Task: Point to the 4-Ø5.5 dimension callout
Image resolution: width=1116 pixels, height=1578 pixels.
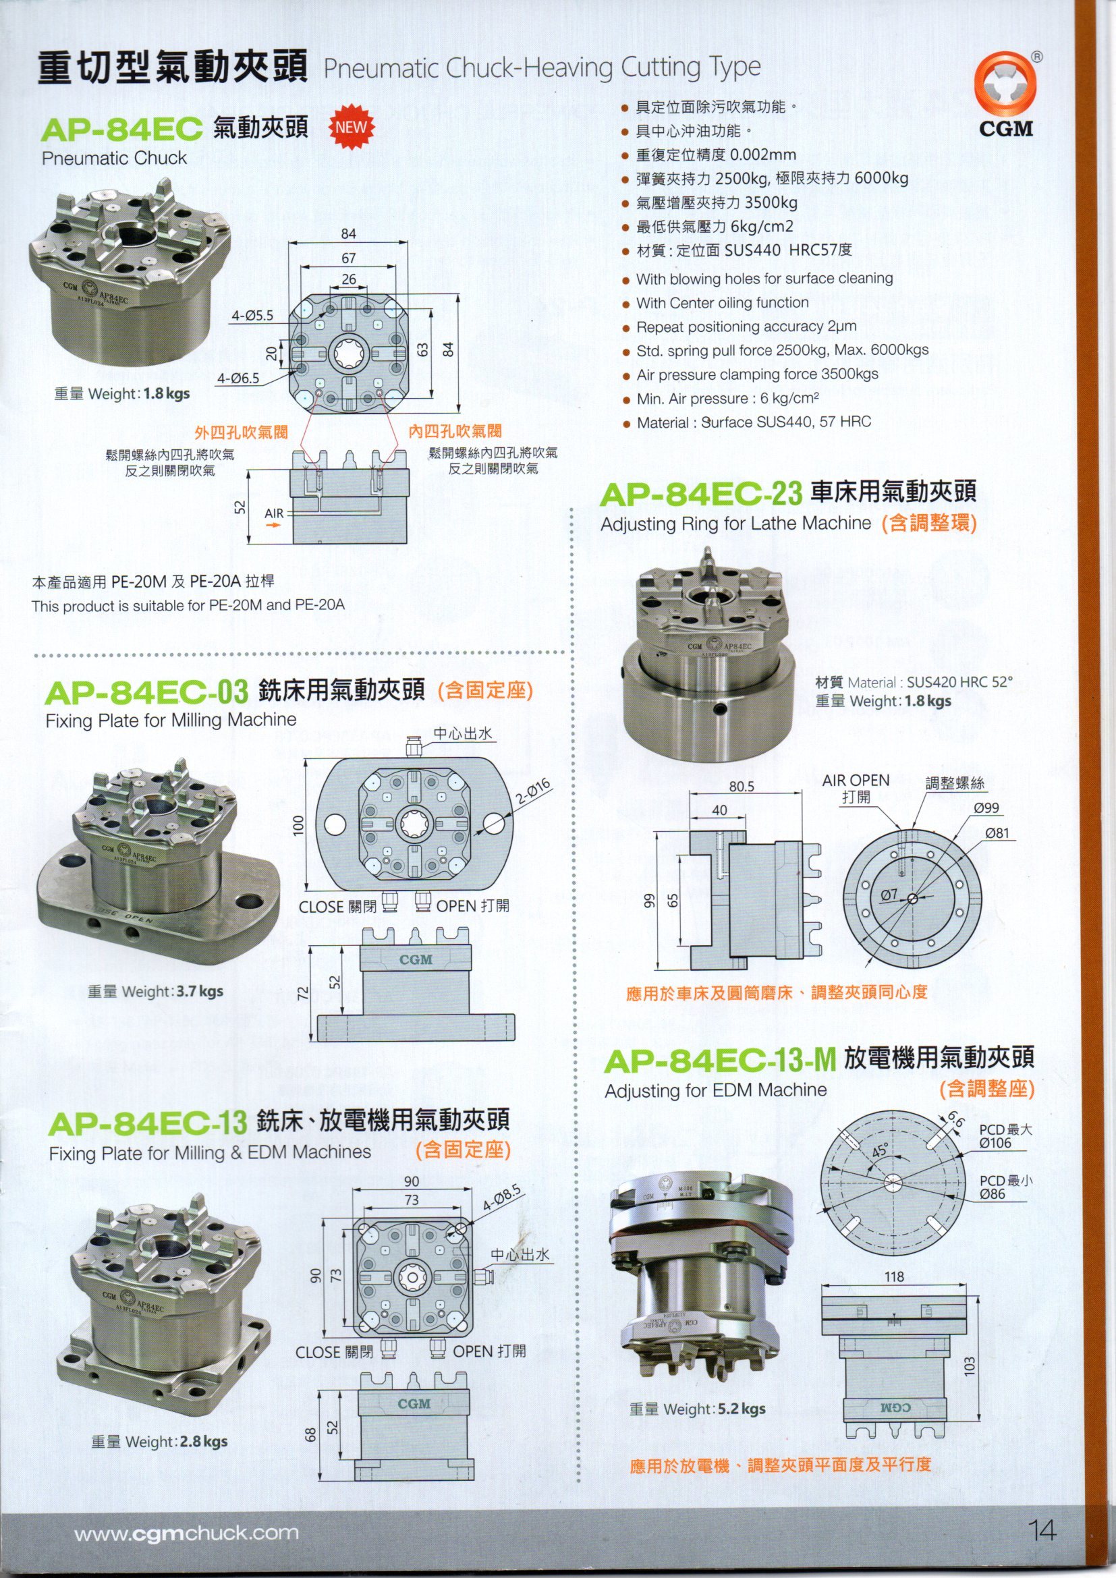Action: pyautogui.click(x=252, y=316)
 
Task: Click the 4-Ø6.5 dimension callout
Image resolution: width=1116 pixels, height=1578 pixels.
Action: pyautogui.click(x=238, y=378)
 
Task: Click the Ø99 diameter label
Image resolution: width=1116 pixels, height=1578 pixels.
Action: pyautogui.click(x=986, y=808)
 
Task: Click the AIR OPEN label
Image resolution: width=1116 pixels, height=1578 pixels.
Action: pyautogui.click(x=856, y=781)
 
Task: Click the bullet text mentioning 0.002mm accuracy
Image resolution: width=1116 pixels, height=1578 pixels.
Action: pyautogui.click(x=715, y=155)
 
